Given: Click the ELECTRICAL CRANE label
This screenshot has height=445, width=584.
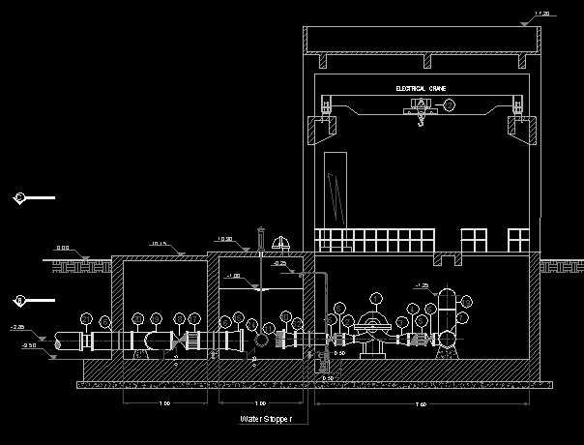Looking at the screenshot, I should pyautogui.click(x=421, y=88).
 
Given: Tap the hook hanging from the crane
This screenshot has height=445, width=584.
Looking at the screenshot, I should pyautogui.click(x=420, y=120).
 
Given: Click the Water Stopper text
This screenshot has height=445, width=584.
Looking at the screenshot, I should pyautogui.click(x=265, y=420).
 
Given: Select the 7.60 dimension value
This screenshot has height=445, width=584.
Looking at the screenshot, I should pyautogui.click(x=421, y=402).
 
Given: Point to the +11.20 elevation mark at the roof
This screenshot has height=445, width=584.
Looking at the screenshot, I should pyautogui.click(x=541, y=14).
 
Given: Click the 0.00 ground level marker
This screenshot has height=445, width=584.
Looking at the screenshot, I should pyautogui.click(x=62, y=249).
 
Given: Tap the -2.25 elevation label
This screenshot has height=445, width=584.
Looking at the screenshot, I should pyautogui.click(x=17, y=327).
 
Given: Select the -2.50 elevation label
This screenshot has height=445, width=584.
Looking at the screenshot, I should pyautogui.click(x=29, y=344).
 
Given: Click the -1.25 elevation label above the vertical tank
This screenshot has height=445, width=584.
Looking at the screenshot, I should pyautogui.click(x=422, y=285).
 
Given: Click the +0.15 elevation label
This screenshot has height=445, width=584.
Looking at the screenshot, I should pyautogui.click(x=160, y=243).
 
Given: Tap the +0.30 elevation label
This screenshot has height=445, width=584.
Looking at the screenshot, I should pyautogui.click(x=224, y=239).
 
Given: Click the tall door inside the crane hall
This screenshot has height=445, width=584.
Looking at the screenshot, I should pyautogui.click(x=336, y=190).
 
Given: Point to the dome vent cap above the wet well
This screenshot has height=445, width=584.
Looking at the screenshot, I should pyautogui.click(x=281, y=243).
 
